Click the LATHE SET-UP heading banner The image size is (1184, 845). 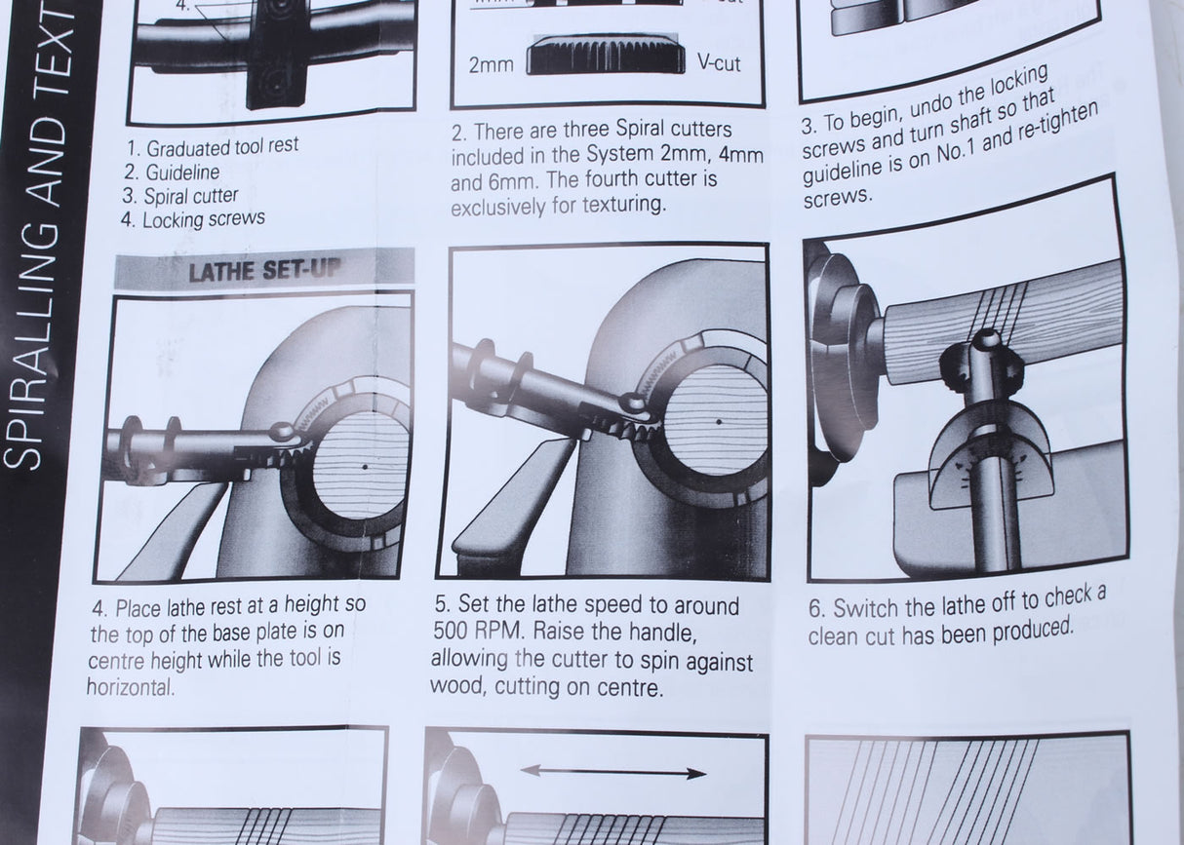tap(264, 270)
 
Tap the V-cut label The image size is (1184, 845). tap(719, 63)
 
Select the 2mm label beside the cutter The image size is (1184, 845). tap(491, 65)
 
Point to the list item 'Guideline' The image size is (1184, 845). tap(182, 172)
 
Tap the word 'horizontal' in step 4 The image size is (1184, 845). tap(130, 686)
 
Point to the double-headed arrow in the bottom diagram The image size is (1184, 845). tap(613, 773)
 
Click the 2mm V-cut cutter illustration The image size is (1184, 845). tap(605, 56)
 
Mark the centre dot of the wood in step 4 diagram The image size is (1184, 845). tap(364, 468)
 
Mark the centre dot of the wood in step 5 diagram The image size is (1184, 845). tap(716, 422)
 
